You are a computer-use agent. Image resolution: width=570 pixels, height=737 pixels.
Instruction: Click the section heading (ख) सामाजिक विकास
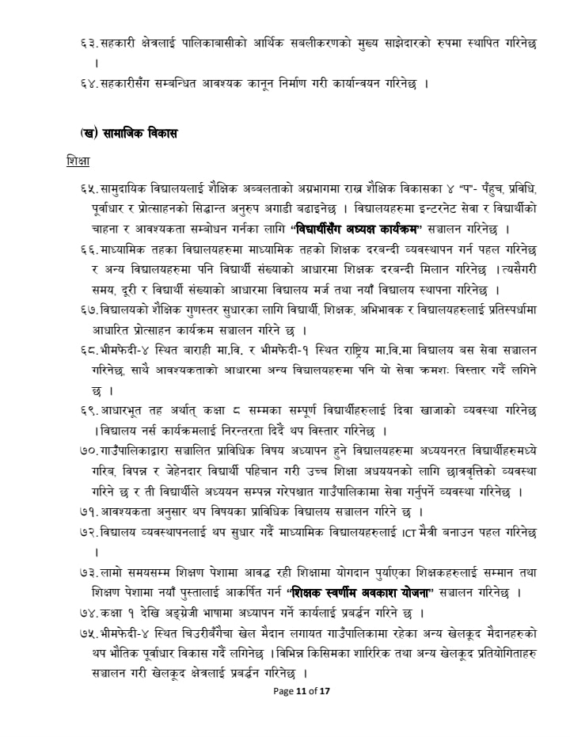tap(128, 134)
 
